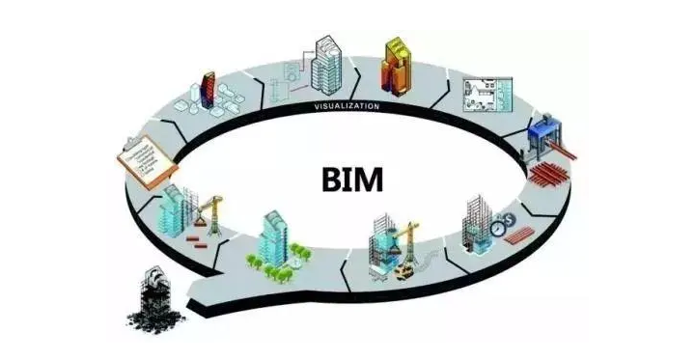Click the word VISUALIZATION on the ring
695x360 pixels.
click(345, 105)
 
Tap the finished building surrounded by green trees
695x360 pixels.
click(274, 241)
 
